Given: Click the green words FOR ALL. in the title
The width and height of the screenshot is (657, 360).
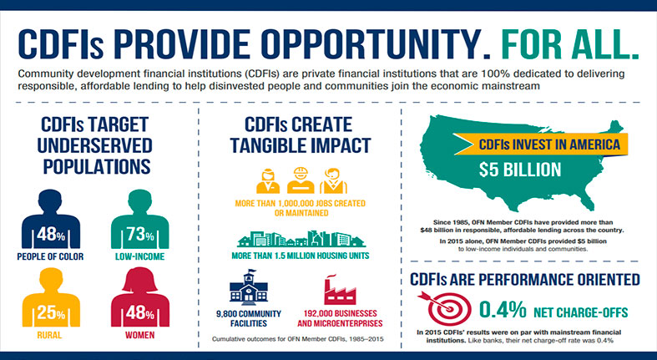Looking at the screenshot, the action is coord(570,43).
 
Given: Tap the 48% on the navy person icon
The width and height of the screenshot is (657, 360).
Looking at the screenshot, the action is coord(51,234).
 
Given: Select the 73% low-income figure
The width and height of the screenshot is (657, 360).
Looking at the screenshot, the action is coord(140,234).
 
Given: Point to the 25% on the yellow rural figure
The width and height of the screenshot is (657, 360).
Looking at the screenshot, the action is coord(51,312).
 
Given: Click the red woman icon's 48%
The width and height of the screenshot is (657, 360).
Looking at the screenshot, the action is coord(140,312).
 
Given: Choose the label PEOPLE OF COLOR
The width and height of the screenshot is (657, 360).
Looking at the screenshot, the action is coord(50,256).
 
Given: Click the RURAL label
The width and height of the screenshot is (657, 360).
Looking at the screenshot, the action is coord(49,335).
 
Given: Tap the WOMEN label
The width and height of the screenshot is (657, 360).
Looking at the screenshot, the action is coord(140,335).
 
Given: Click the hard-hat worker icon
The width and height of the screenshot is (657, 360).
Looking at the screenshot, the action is coord(301,180).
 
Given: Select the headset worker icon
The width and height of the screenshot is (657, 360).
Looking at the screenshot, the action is coord(334,180).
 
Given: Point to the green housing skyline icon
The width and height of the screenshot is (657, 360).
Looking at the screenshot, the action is coord(301,238).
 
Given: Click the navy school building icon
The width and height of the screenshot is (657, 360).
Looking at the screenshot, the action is coord(249,286).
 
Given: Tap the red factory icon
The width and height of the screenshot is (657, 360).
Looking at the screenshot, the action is coord(340,290).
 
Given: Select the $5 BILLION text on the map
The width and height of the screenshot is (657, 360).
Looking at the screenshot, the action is coord(520,170).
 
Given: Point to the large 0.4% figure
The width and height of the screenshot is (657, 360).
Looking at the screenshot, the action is coord(503,310).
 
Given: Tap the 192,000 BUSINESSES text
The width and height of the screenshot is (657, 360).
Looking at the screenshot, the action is coord(340,313).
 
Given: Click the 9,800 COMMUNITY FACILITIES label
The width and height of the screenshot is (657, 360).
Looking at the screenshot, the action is coord(249,318).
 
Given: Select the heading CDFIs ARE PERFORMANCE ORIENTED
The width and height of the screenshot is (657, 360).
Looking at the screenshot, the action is coord(525,280).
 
